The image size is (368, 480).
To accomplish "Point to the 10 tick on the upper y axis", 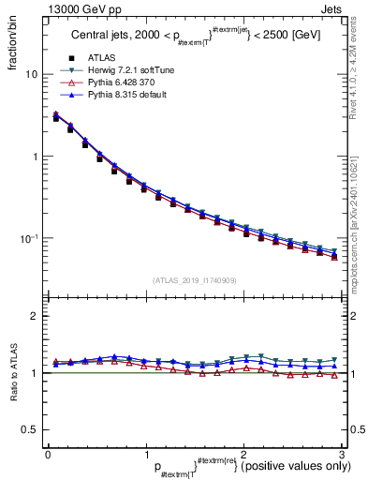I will click(32, 74).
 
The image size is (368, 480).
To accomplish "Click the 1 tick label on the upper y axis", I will click(35, 157).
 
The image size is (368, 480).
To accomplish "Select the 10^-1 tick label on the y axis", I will click(29, 238).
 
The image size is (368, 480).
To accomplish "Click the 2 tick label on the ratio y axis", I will click(35, 316).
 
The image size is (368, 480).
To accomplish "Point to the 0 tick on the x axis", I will click(48, 453).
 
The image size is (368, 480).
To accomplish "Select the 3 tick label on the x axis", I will click(342, 453).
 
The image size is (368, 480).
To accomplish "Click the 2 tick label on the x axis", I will click(243, 453).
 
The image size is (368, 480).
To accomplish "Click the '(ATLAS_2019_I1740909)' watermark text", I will click(195, 280).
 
